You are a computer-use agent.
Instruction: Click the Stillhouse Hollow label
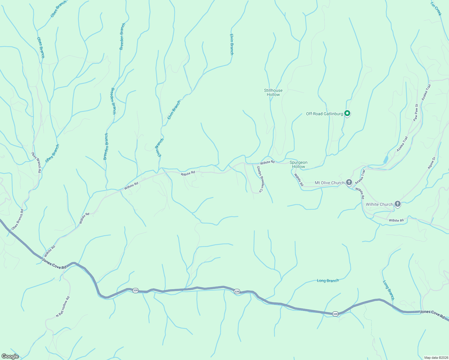[x=273, y=92]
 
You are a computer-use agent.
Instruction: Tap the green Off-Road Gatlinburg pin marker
[x=347, y=113]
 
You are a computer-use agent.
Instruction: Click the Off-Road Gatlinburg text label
[x=324, y=114]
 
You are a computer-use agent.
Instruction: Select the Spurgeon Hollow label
[x=298, y=164]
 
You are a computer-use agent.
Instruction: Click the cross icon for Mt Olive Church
[x=349, y=182]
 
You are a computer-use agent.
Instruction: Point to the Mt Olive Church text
[x=330, y=183]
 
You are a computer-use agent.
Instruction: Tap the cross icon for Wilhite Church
[x=397, y=204]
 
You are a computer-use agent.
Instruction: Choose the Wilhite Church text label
[x=379, y=204]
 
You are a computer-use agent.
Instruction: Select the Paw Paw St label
[x=416, y=112]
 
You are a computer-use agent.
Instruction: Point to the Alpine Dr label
[x=431, y=163]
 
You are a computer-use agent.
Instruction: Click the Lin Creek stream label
[x=436, y=9]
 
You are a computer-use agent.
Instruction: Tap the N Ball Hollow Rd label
[x=63, y=307]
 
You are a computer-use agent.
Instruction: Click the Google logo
[x=10, y=356]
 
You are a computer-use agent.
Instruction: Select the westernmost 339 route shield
[x=135, y=290]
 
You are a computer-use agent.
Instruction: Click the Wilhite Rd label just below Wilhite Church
[x=396, y=220]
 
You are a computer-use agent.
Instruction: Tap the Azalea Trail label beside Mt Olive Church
[x=360, y=177]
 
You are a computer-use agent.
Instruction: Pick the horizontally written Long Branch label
[x=328, y=281]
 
